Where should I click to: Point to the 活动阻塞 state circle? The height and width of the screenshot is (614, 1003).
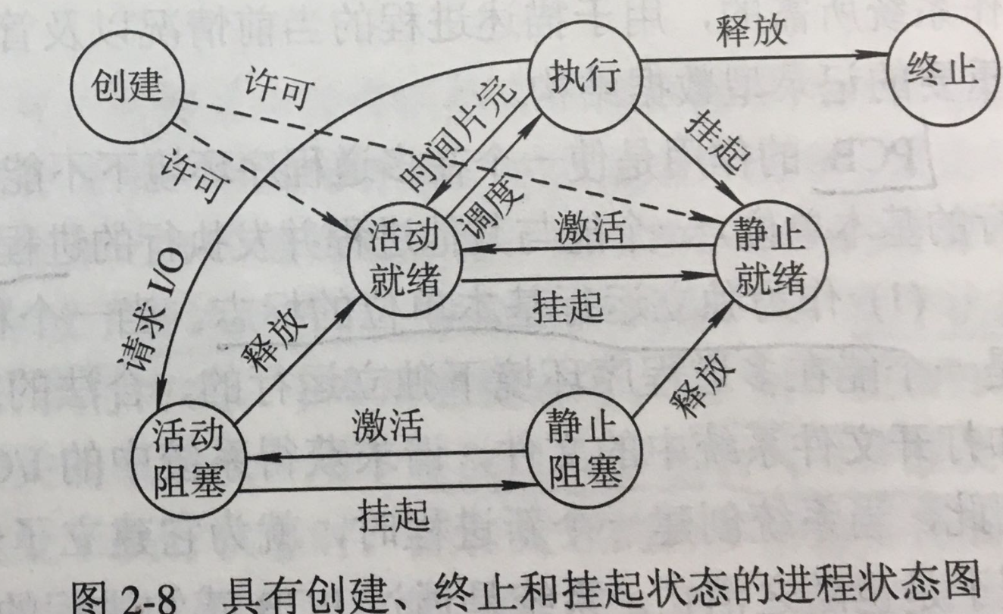tap(188, 456)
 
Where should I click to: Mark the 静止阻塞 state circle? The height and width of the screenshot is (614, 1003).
tap(583, 454)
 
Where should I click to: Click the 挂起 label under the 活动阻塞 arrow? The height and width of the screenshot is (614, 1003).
tap(391, 515)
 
